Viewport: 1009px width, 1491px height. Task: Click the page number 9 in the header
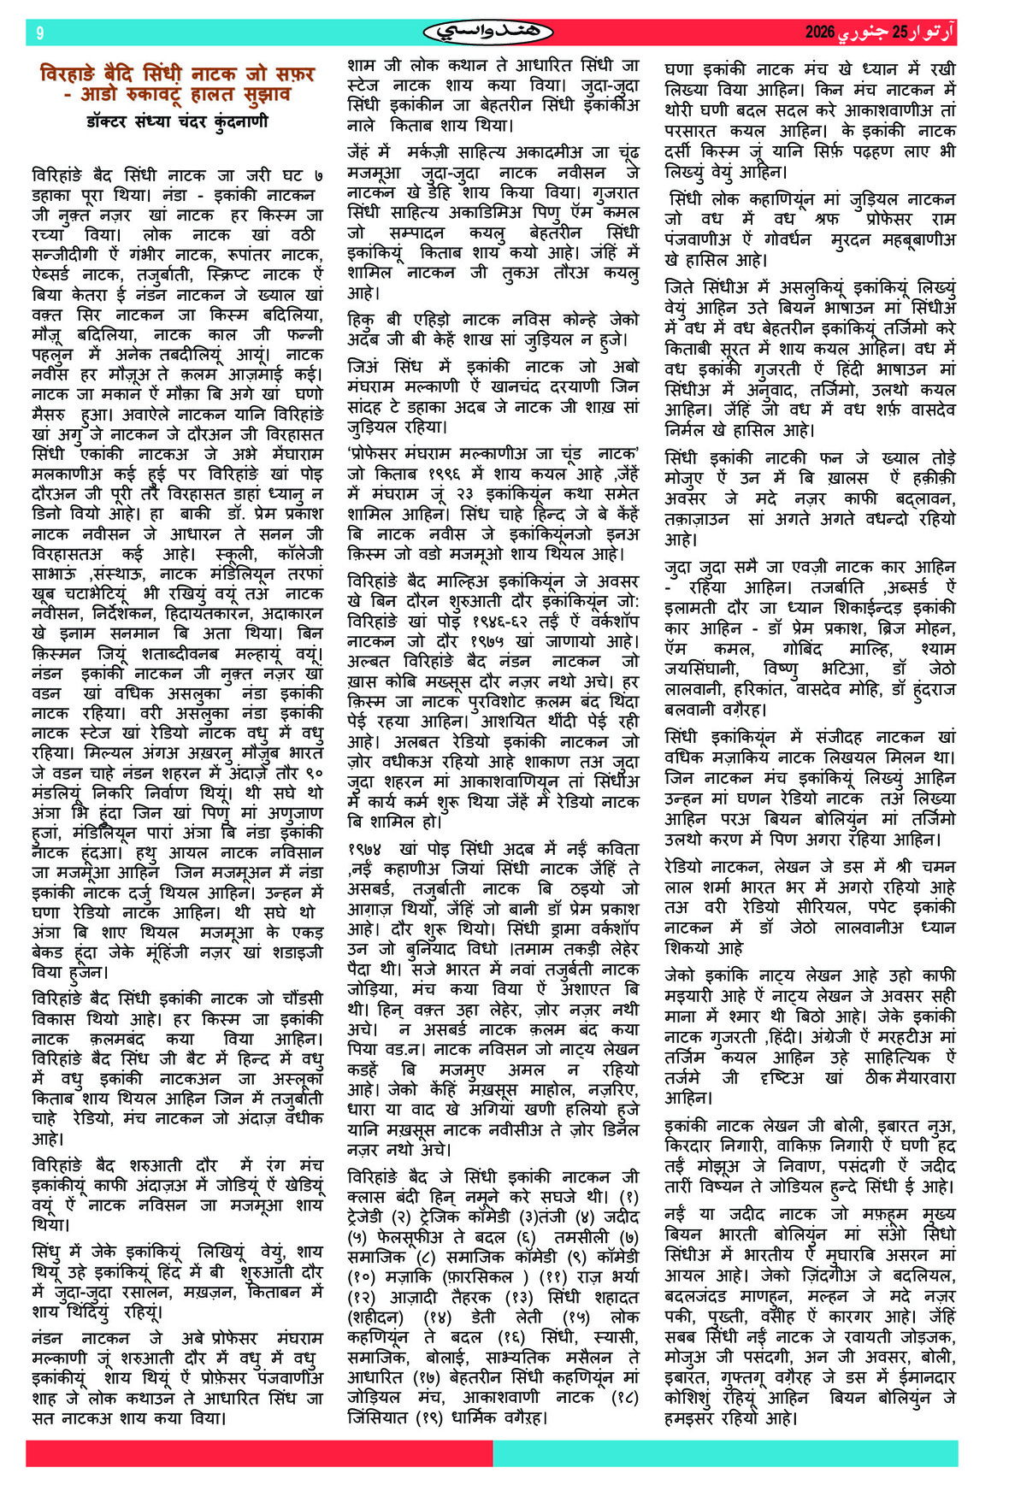39,33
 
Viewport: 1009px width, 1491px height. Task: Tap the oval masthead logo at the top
487,33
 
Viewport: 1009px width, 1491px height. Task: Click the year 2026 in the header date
819,32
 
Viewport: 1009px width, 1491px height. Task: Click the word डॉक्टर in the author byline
111,122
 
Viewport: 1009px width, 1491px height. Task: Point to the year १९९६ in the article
422,474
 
